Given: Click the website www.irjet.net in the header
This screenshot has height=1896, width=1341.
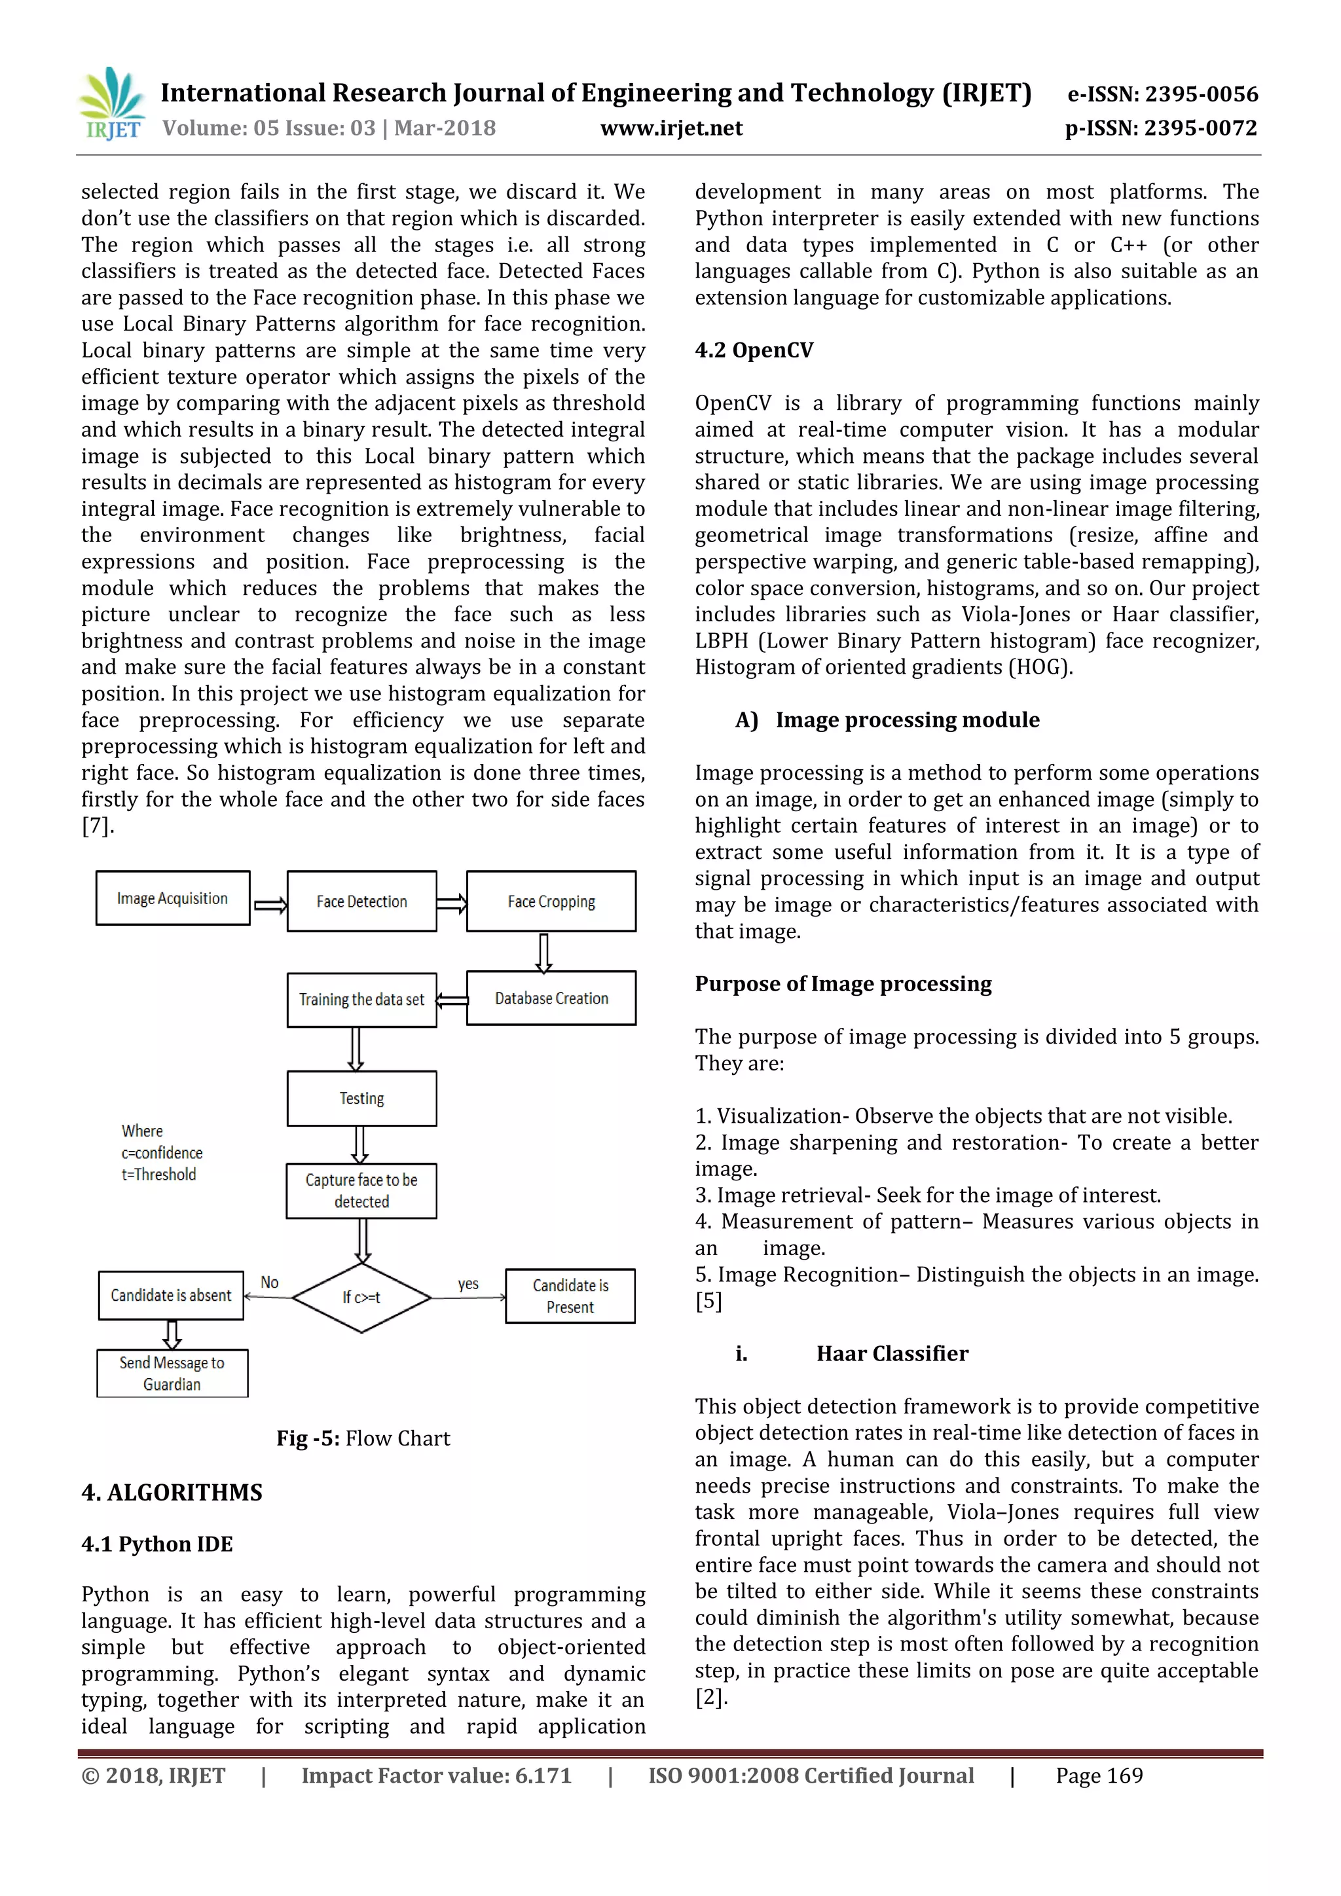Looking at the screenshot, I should coord(670,128).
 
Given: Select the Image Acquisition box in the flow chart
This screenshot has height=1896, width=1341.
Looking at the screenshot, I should coord(173,898).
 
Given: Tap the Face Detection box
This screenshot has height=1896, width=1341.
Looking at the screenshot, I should coord(361,902).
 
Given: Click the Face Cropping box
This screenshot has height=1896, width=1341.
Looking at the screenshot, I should coord(551,902).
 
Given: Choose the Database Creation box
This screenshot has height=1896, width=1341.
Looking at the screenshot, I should coord(551,998).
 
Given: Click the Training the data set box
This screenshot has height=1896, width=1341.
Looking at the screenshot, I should coord(361,999).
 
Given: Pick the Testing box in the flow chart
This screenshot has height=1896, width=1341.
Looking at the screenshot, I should coord(361,1099).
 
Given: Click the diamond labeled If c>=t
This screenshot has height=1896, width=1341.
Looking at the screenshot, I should coord(361,1298).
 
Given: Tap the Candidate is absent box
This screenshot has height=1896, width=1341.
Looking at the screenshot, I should coord(171,1295).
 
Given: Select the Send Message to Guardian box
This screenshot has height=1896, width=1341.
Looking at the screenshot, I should coord(172,1374).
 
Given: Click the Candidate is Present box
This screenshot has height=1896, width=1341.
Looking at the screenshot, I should coord(570,1296).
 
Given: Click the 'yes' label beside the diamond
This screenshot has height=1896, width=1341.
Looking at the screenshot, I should coord(468,1283).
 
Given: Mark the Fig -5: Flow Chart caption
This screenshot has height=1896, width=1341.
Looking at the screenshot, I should coord(363,1438).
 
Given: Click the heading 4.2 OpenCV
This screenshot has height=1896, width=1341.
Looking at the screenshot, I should coord(754,350).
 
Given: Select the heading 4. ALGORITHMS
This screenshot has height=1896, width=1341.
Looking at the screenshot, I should coord(172,1492).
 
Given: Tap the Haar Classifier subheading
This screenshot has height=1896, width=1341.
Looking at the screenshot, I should coord(892,1353).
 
